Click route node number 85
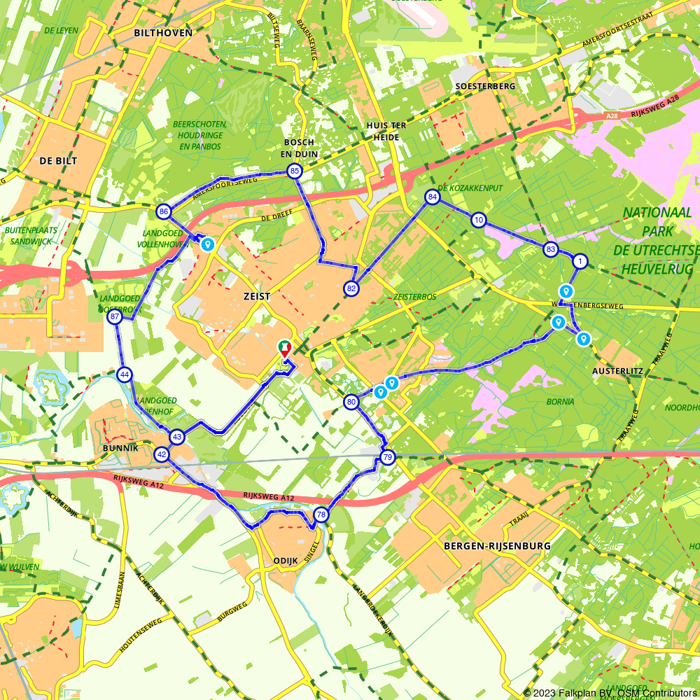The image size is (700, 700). pos(294,171)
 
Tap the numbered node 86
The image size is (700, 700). pos(164,211)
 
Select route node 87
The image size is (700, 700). pos(115,317)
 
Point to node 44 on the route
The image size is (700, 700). pos(125,374)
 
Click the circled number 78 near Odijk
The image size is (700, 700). pos(321,514)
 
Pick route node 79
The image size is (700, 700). pos(387,458)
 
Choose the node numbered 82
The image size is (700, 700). pos(351,288)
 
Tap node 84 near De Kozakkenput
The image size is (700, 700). pos(433,197)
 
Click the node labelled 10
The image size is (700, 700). pos(478,220)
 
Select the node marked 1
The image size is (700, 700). pos(580,261)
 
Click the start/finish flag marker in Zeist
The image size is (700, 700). pos(285,348)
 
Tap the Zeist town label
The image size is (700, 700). pos(258,297)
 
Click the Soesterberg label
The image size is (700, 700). pos(484,86)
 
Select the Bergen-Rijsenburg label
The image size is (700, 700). pos(497,545)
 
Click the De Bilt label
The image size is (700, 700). pos(58,160)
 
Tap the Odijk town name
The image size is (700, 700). pos(282,561)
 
